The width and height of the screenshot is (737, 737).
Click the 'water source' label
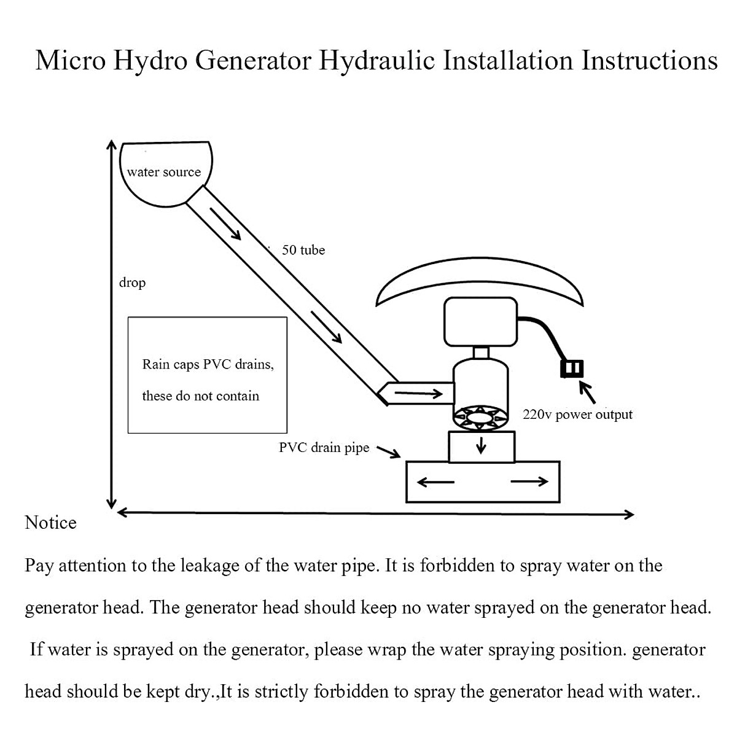(164, 173)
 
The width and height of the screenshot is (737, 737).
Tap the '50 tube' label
(303, 250)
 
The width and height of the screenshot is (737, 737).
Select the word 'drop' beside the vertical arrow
(132, 283)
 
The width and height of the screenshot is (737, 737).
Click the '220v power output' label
(577, 415)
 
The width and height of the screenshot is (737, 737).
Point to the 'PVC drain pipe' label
(324, 448)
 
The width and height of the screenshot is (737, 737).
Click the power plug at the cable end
(571, 368)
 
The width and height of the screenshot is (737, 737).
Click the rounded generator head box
(480, 322)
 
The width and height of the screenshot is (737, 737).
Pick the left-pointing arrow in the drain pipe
(435, 482)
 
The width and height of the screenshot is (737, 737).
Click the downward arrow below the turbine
(482, 446)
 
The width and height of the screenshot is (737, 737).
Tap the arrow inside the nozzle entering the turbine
(418, 394)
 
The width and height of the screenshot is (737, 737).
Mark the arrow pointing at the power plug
(587, 391)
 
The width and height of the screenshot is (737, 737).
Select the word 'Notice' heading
(50, 523)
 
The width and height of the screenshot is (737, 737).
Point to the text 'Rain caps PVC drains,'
(208, 364)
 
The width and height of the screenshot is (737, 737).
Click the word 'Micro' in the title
(70, 61)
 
